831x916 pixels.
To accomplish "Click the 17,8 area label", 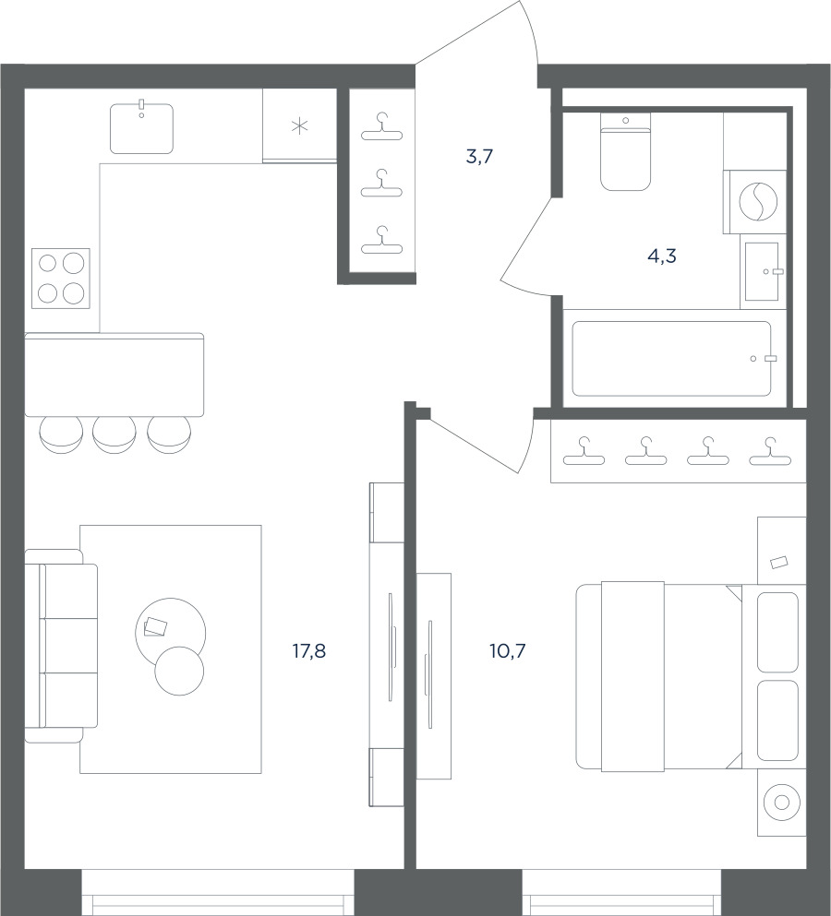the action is [x=308, y=650].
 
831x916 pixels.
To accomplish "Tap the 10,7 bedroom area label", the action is [x=508, y=650].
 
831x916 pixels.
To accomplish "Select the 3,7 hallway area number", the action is [x=479, y=157].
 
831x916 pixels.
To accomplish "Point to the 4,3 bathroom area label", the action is [x=662, y=256].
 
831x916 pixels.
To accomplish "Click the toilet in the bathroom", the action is [x=626, y=151].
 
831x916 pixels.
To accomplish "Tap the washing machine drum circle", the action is [x=758, y=202].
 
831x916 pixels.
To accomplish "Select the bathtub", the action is [x=671, y=359].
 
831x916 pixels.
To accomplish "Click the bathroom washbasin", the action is [x=762, y=271].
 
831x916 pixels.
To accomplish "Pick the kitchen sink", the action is [x=141, y=128].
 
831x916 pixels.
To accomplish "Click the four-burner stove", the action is [x=61, y=279].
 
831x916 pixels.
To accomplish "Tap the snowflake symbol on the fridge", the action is [x=299, y=125].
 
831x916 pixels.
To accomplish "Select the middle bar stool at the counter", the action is [x=114, y=434].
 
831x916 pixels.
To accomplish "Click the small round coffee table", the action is [x=179, y=672].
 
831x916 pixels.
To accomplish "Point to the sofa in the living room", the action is [x=62, y=646].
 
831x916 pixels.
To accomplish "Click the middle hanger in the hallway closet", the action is [x=382, y=184].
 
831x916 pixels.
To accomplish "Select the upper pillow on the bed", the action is [x=777, y=632].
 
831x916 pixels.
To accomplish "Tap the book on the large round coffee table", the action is [x=155, y=627].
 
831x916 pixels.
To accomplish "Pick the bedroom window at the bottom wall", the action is [x=621, y=893].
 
